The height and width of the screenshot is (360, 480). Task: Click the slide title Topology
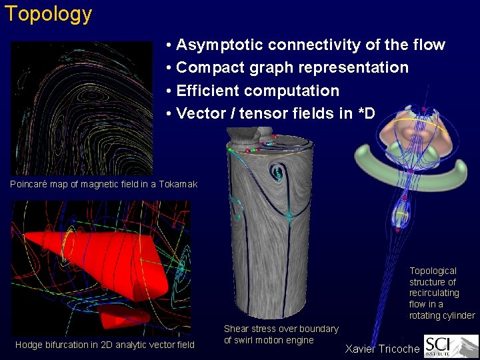(x=48, y=14)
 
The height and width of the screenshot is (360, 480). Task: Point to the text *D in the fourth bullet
(x=366, y=113)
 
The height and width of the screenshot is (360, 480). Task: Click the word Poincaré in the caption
(x=31, y=184)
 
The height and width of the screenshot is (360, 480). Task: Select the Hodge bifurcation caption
(x=105, y=345)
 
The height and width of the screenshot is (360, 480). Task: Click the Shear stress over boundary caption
(x=281, y=335)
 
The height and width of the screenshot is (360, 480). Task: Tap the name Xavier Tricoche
(x=382, y=349)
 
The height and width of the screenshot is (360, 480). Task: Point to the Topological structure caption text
(x=441, y=293)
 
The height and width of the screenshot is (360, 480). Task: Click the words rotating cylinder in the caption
(x=441, y=315)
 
